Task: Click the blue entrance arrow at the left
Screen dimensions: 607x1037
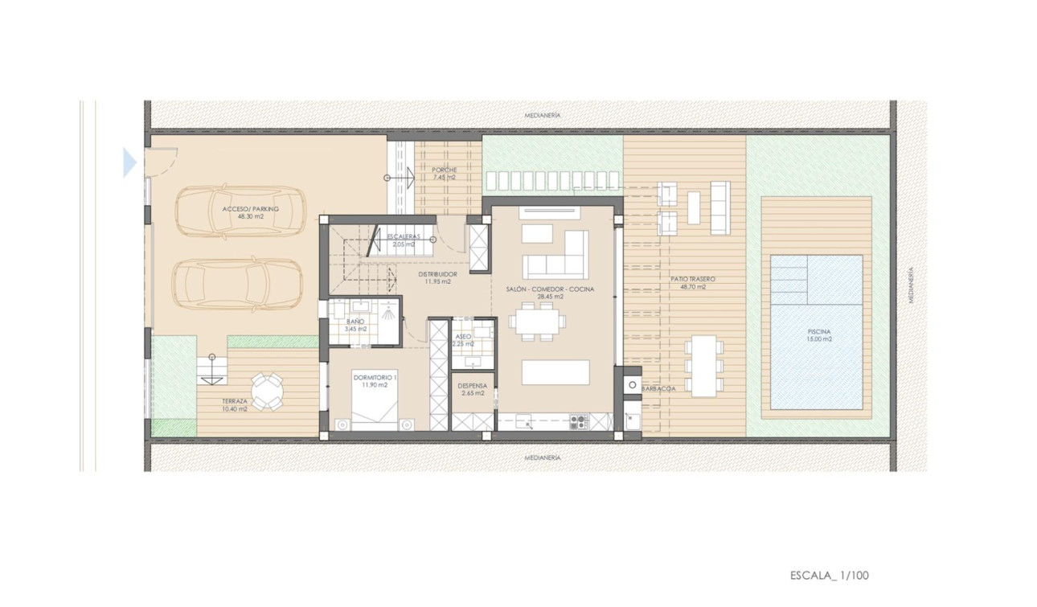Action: click(x=129, y=162)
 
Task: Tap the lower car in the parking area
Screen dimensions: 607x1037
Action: click(x=237, y=283)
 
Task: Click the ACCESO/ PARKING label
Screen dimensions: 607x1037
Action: click(x=251, y=209)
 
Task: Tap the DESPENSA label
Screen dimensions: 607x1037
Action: click(x=472, y=385)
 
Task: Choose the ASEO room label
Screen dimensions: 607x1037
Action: click(x=463, y=337)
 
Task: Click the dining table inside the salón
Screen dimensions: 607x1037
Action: click(x=536, y=320)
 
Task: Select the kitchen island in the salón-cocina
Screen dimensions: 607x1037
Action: click(x=555, y=372)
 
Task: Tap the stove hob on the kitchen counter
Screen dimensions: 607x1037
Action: click(x=579, y=420)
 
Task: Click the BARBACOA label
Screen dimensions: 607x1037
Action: click(x=658, y=388)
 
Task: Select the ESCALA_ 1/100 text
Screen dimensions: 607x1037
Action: click(x=830, y=575)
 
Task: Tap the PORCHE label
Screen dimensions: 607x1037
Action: click(x=444, y=170)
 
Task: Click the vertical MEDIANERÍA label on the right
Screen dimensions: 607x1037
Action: click(x=911, y=285)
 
